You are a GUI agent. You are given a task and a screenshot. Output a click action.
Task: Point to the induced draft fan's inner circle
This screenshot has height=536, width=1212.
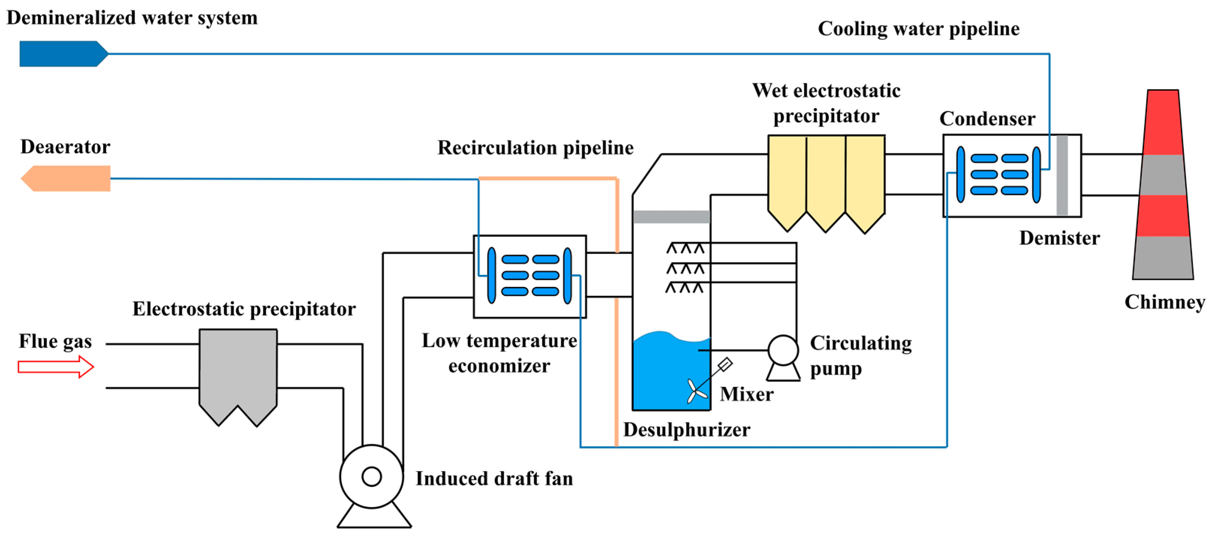(371, 477)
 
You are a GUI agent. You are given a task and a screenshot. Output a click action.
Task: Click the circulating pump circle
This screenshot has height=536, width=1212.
(783, 350)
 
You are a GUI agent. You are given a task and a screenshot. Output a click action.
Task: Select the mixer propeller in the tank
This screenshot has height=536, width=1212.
(696, 390)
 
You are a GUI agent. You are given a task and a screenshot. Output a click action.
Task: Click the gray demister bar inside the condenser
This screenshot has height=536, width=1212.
(1062, 175)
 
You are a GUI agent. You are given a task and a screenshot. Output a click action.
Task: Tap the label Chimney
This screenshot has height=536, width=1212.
(1164, 302)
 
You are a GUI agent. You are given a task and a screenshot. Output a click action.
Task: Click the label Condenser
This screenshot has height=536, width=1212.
(987, 119)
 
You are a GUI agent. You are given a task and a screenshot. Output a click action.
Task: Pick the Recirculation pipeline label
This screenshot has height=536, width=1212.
(535, 148)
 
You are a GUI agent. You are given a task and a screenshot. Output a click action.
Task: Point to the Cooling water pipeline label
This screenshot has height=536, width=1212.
(918, 29)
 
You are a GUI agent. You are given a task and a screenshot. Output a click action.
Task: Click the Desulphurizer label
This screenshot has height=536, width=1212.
(686, 429)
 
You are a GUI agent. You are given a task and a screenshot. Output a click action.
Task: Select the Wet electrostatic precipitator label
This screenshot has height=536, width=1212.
(826, 103)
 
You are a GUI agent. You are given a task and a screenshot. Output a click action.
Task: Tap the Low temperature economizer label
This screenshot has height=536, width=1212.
(499, 353)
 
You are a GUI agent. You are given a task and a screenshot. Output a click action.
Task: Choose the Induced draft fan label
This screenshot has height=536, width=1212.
(494, 479)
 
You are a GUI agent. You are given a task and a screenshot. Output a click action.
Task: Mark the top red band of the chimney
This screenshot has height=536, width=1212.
(1163, 122)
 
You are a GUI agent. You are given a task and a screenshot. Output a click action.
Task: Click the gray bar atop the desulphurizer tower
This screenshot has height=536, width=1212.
(671, 216)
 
